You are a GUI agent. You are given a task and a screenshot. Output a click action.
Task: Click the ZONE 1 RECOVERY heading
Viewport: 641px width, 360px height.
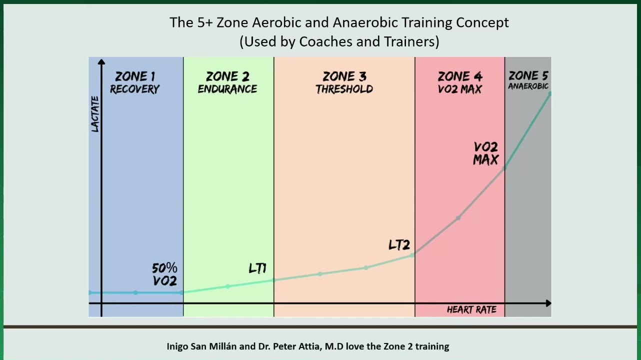click(x=135, y=82)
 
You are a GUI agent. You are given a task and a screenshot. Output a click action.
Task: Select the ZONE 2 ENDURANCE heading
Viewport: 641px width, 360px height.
click(x=227, y=82)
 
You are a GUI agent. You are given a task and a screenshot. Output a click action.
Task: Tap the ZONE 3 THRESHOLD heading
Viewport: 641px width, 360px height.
click(x=344, y=82)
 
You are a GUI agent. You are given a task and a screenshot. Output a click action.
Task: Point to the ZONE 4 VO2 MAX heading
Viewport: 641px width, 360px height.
click(x=460, y=82)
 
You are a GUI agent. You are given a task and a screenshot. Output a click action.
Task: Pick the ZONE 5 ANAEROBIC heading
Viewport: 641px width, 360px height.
click(x=528, y=80)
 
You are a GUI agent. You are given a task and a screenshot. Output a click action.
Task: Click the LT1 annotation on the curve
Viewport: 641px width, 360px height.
click(x=257, y=268)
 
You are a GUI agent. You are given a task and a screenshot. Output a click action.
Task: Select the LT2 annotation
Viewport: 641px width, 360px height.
click(x=399, y=245)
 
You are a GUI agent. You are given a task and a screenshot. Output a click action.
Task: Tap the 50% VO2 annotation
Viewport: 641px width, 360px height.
click(x=164, y=274)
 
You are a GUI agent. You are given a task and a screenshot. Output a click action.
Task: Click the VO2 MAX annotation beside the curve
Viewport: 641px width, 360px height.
click(x=486, y=153)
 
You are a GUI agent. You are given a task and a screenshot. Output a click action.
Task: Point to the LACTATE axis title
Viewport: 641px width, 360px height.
click(x=95, y=114)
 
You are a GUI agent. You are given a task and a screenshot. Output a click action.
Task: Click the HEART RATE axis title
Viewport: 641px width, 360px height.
click(x=471, y=309)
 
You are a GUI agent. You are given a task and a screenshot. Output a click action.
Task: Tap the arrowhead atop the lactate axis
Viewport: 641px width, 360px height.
click(x=101, y=62)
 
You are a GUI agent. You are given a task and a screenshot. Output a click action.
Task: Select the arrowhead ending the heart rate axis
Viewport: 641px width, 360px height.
click(x=548, y=303)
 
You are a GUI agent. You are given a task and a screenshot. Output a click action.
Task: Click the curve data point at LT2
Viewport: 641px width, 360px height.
click(x=412, y=255)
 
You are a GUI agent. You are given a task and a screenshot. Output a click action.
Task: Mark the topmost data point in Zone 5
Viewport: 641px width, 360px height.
click(x=549, y=94)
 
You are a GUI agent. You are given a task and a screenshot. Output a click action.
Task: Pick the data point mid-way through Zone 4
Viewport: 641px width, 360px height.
click(x=458, y=218)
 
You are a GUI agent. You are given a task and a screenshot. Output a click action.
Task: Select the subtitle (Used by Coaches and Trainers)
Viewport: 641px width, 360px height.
click(x=339, y=42)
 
